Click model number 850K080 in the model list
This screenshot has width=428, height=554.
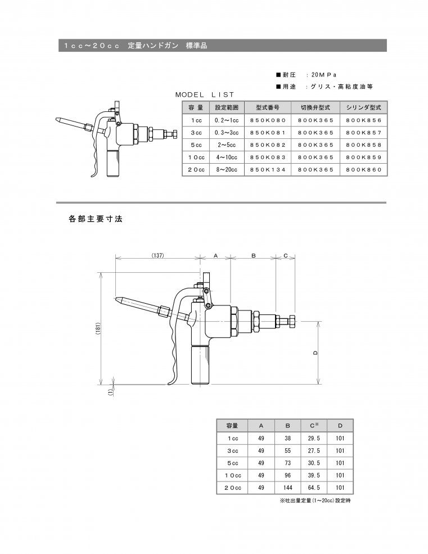268,120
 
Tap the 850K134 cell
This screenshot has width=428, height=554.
268,169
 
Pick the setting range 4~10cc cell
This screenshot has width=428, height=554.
227,157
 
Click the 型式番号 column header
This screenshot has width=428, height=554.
268,107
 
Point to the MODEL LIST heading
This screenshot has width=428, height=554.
205,94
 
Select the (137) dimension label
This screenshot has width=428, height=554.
157,256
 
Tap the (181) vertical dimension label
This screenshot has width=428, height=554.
98,328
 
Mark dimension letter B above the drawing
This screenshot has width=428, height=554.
254,256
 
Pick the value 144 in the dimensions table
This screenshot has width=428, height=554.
288,488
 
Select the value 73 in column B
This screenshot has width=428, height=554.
288,463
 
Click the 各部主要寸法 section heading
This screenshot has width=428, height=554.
96,219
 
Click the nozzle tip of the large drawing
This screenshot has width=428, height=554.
118,298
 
